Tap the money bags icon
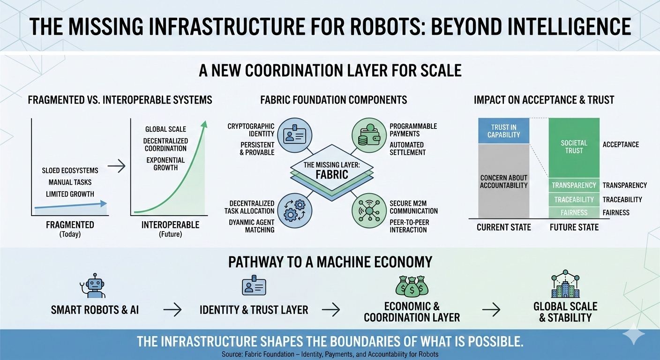(412, 285)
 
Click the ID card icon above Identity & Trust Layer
(254, 285)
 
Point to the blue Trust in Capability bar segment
(503, 131)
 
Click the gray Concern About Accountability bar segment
(503, 181)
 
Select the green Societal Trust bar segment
(574, 147)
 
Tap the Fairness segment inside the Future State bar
(574, 212)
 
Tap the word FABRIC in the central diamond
(331, 175)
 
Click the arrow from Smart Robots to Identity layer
(172, 309)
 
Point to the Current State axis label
(503, 227)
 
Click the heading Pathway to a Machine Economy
(330, 262)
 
